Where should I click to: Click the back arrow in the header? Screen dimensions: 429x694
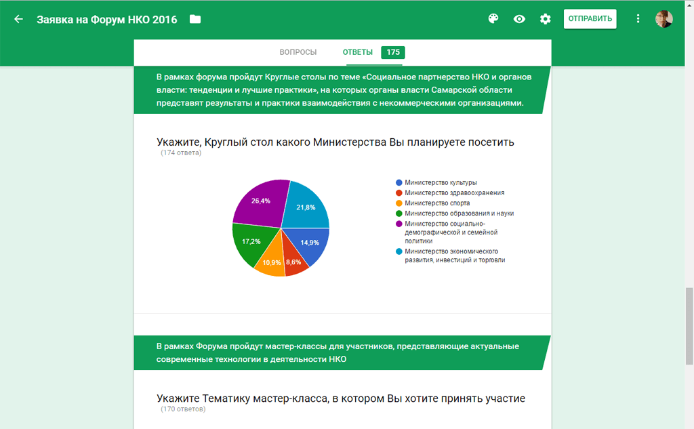point(18,19)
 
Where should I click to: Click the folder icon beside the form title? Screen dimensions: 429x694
point(195,19)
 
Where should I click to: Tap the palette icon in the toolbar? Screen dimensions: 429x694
point(493,19)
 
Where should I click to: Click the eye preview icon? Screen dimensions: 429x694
point(519,19)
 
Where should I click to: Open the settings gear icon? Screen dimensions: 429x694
point(546,19)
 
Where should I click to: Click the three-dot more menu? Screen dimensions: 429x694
point(638,19)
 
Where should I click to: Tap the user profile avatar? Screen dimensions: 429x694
point(664,19)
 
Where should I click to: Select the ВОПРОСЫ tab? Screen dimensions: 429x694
point(298,52)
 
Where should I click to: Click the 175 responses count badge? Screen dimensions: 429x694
point(393,52)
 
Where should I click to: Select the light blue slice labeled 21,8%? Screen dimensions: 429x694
point(306,207)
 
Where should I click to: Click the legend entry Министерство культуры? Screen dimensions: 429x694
point(440,182)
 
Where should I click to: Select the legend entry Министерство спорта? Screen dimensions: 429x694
point(436,203)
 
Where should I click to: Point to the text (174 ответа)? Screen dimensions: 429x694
point(181,153)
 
